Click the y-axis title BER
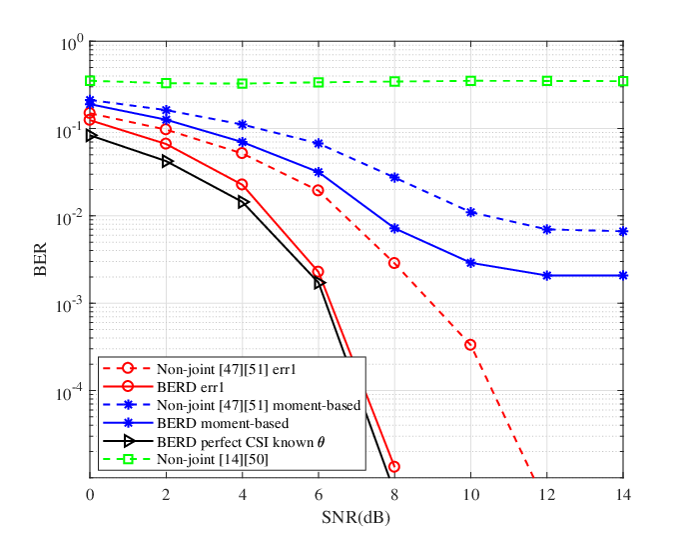(x=40, y=259)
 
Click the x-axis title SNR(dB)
(x=355, y=517)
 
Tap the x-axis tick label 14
(x=623, y=495)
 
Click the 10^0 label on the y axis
(x=70, y=44)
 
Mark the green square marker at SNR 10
(x=470, y=81)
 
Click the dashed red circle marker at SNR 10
(x=470, y=345)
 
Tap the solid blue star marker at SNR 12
(x=547, y=276)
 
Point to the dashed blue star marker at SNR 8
(x=394, y=177)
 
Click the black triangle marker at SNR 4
(x=243, y=203)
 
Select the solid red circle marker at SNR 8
(x=394, y=467)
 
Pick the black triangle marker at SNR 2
(x=167, y=162)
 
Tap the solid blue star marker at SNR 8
(x=394, y=228)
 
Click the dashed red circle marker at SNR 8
(x=394, y=263)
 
